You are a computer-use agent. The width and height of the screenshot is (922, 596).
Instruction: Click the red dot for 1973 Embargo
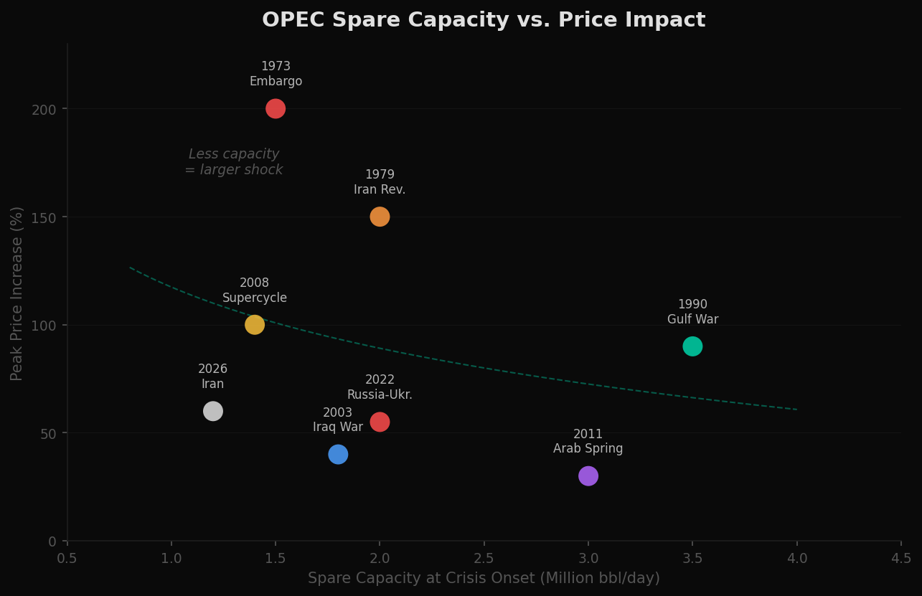click(276, 109)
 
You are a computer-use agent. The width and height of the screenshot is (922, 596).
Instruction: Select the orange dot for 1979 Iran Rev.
click(380, 217)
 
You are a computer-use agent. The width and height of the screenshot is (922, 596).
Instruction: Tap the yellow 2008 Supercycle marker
click(255, 325)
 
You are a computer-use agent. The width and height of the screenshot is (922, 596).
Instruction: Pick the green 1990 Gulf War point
click(692, 346)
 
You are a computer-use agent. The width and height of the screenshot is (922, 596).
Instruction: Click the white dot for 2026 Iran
click(213, 411)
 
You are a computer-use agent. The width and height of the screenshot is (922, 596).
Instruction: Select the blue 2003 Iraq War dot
click(338, 454)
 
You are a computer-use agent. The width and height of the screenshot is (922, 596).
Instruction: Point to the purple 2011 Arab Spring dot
click(588, 476)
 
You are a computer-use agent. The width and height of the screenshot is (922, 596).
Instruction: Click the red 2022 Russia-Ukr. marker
click(380, 422)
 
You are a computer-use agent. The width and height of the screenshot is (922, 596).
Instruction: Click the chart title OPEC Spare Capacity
click(484, 20)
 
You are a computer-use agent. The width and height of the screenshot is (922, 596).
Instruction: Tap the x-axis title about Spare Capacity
click(484, 578)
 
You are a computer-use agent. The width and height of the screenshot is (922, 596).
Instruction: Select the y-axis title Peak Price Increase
click(17, 293)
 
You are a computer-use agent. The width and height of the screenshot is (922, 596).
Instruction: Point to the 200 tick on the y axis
click(44, 109)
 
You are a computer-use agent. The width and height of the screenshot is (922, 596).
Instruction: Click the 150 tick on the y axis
click(44, 217)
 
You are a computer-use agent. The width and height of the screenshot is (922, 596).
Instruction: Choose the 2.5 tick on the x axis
click(484, 559)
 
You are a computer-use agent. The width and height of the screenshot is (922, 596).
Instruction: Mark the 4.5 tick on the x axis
click(901, 559)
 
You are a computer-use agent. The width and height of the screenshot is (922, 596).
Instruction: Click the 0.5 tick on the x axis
click(67, 559)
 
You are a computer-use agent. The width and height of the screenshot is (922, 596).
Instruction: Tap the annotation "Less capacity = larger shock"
click(234, 162)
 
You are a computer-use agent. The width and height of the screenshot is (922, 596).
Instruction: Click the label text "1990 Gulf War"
click(692, 312)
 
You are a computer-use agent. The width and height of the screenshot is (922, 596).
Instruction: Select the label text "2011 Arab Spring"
click(588, 442)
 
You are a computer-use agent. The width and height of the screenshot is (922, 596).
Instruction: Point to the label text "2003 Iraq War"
click(338, 420)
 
